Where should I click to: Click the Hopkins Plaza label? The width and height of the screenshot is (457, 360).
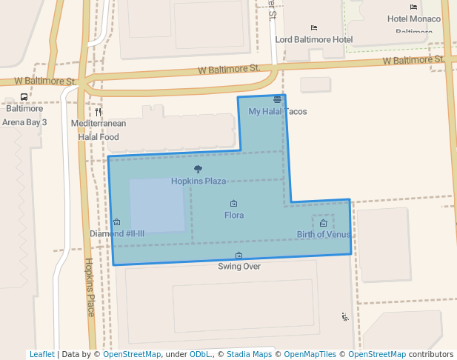(199, 181)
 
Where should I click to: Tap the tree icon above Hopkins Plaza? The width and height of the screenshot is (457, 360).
(197, 170)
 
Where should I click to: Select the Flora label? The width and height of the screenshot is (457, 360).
(234, 216)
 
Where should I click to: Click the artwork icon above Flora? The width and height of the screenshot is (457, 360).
(233, 204)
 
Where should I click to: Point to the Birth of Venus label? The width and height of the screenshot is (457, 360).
(324, 235)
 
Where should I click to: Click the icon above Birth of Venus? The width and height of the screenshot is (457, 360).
(324, 223)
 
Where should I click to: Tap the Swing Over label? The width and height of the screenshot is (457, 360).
(238, 267)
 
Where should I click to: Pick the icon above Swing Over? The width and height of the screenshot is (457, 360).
(238, 256)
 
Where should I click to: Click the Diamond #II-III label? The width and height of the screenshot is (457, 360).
(117, 234)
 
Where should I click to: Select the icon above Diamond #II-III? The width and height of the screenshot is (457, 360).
(117, 222)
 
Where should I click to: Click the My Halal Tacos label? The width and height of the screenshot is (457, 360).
(277, 112)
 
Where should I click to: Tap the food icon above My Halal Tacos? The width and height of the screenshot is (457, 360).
(277, 99)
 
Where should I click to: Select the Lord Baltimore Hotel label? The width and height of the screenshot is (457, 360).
(313, 39)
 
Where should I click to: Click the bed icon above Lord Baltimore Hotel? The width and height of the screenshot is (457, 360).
(314, 27)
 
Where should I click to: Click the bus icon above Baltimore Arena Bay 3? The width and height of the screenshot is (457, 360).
(24, 97)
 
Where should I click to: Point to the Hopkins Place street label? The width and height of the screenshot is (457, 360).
(89, 287)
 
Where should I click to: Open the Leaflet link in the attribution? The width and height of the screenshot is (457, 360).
(41, 355)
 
